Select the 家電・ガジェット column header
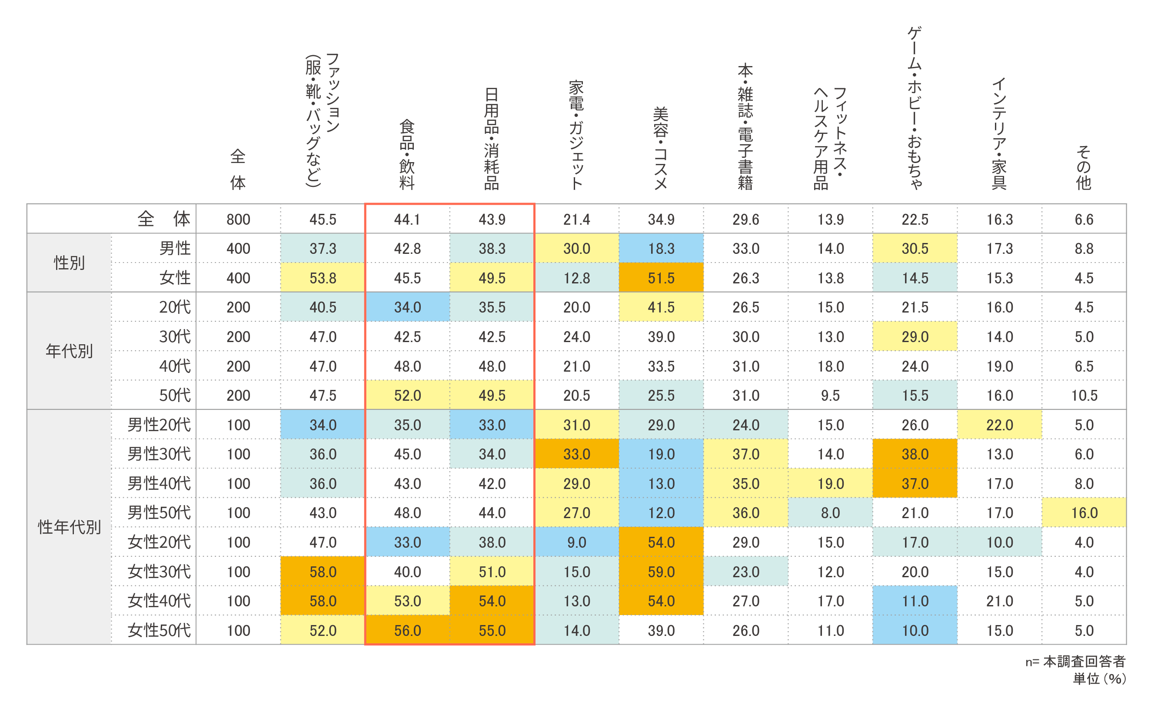(x=576, y=135)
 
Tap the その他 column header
(x=1084, y=168)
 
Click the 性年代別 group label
(x=69, y=527)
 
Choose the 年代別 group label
(x=69, y=351)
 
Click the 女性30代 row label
(x=159, y=572)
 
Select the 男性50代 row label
(x=159, y=512)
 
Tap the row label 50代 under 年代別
(x=174, y=396)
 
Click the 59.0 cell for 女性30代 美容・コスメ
(x=661, y=572)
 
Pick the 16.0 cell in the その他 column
(x=1084, y=512)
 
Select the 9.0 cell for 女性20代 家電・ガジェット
(x=577, y=542)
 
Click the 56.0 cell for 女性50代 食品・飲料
(x=408, y=630)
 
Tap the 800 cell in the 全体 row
(x=239, y=219)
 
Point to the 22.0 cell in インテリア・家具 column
(x=999, y=425)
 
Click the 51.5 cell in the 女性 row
(x=661, y=278)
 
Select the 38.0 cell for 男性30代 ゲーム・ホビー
(x=915, y=454)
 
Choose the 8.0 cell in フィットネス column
(x=830, y=512)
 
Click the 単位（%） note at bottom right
(x=1099, y=679)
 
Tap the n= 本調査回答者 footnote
(x=1075, y=662)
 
